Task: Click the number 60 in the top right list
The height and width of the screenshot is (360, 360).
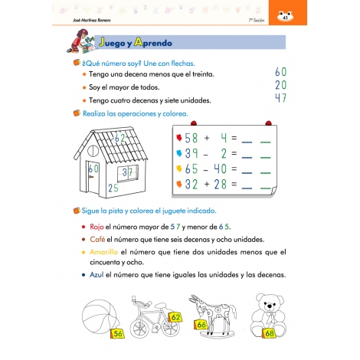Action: pyautogui.click(x=280, y=71)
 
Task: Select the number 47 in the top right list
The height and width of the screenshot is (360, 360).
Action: pyautogui.click(x=280, y=98)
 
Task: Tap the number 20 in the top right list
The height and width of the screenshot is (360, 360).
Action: pyautogui.click(x=280, y=85)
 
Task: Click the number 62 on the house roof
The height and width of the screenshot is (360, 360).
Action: pyautogui.click(x=121, y=139)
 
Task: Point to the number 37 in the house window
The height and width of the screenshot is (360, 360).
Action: pyautogui.click(x=129, y=172)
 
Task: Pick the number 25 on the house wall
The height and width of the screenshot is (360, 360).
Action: pyautogui.click(x=113, y=187)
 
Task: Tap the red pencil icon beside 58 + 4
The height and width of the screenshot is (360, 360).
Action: pyautogui.click(x=179, y=139)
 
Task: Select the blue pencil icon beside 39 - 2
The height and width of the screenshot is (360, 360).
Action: pyautogui.click(x=179, y=153)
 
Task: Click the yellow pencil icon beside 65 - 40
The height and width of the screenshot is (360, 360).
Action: pyautogui.click(x=179, y=169)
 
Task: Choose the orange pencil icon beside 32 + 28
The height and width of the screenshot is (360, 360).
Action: pyautogui.click(x=179, y=184)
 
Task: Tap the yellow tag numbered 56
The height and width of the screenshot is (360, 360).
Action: pyautogui.click(x=117, y=333)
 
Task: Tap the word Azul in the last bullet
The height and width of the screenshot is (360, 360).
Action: pyautogui.click(x=98, y=274)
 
